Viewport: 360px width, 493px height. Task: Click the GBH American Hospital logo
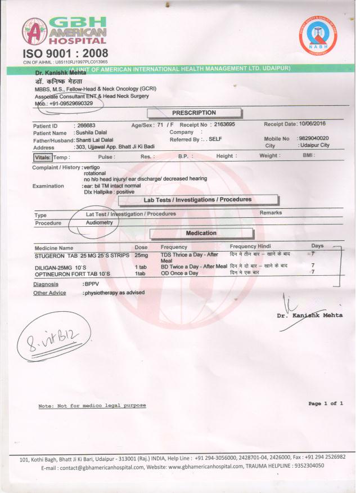tap(64, 31)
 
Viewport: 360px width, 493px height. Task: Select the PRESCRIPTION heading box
tap(194, 113)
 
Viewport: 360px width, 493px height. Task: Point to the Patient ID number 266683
tap(86, 125)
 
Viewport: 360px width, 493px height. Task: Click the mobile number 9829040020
tap(314, 138)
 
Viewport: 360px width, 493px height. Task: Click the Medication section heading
tap(201, 233)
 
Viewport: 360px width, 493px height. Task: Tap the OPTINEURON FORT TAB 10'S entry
tap(73, 273)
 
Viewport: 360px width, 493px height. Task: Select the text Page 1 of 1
tap(326, 403)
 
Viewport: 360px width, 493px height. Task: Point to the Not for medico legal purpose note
tap(92, 405)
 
